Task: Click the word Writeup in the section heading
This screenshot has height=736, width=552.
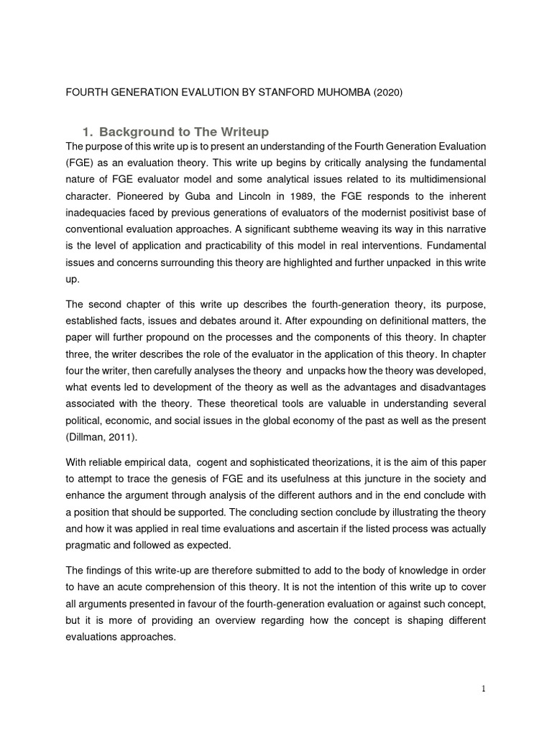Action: (x=242, y=132)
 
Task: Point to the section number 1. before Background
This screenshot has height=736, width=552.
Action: (x=88, y=132)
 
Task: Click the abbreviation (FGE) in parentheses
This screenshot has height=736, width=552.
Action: (x=79, y=162)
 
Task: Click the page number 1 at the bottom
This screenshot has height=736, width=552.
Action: (x=484, y=689)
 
